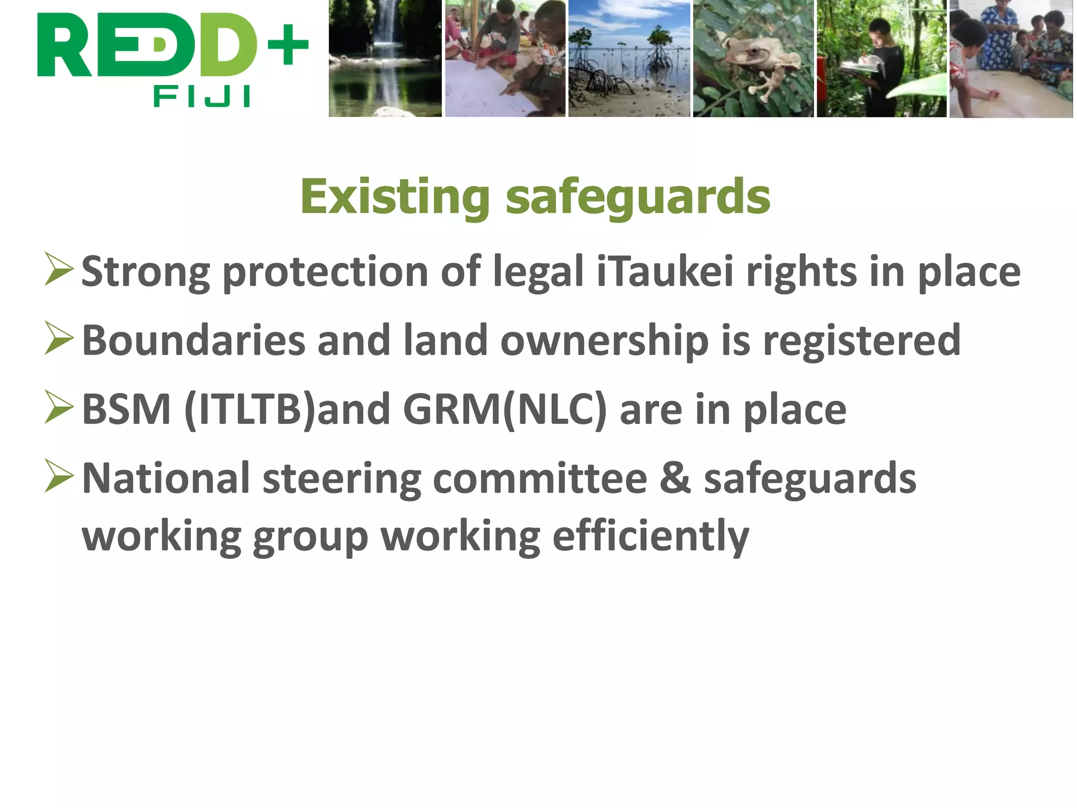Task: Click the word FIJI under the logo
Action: tap(201, 97)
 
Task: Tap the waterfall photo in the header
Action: tap(385, 58)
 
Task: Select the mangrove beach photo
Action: tap(629, 58)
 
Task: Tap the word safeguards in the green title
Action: tap(637, 198)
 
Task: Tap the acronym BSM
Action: tap(127, 409)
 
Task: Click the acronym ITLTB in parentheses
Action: tap(250, 409)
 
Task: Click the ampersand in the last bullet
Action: tap(675, 478)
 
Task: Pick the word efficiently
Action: tap(651, 537)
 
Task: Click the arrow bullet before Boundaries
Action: tap(59, 338)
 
